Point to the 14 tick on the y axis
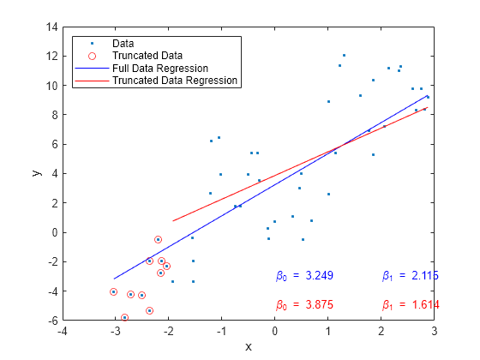[x=51, y=27]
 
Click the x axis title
[x=249, y=346]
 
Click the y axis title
[x=37, y=173]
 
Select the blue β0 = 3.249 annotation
[x=304, y=276]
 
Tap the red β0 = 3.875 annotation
[x=304, y=305]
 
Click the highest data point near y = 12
[x=344, y=55]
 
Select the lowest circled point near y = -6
[x=124, y=317]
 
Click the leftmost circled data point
[x=113, y=291]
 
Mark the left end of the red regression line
[x=172, y=221]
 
